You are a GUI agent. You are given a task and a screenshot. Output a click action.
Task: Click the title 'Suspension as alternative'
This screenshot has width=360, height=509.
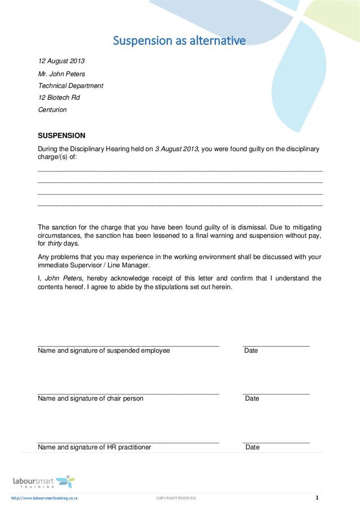pyautogui.click(x=179, y=41)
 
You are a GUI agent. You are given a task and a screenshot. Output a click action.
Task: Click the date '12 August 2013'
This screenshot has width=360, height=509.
pyautogui.click(x=61, y=61)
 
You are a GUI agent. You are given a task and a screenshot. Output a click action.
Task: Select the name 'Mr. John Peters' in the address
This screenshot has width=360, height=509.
pyautogui.click(x=61, y=74)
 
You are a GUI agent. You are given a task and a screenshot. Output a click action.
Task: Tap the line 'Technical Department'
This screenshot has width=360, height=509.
pyautogui.click(x=70, y=86)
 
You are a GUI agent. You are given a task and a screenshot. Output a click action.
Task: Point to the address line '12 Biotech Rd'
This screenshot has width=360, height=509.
pyautogui.click(x=59, y=97)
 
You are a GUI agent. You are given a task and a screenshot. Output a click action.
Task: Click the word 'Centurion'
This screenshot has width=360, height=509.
pyautogui.click(x=52, y=109)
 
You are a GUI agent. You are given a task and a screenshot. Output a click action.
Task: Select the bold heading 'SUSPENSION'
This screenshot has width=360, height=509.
pyautogui.click(x=61, y=136)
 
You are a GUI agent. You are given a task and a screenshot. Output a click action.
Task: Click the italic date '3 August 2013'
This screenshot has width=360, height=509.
pyautogui.click(x=176, y=149)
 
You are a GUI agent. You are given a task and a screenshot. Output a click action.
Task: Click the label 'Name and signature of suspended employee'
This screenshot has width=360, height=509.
pyautogui.click(x=104, y=350)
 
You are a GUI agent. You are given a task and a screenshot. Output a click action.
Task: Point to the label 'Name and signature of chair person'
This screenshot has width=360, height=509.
pyautogui.click(x=91, y=398)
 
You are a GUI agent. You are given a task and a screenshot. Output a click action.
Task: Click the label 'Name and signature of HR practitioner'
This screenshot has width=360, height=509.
pyautogui.click(x=94, y=447)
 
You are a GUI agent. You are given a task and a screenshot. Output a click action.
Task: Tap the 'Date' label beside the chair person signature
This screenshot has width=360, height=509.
pyautogui.click(x=252, y=398)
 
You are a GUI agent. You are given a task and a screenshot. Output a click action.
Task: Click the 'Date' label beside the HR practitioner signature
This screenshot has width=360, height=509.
pyautogui.click(x=252, y=447)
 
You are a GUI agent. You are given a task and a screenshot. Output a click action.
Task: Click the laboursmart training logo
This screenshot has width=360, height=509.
pyautogui.click(x=44, y=482)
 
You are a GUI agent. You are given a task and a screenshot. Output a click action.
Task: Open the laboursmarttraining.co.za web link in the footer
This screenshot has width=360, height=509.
pyautogui.click(x=45, y=498)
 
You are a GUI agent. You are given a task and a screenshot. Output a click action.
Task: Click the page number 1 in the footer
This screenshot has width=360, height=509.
pyautogui.click(x=317, y=498)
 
